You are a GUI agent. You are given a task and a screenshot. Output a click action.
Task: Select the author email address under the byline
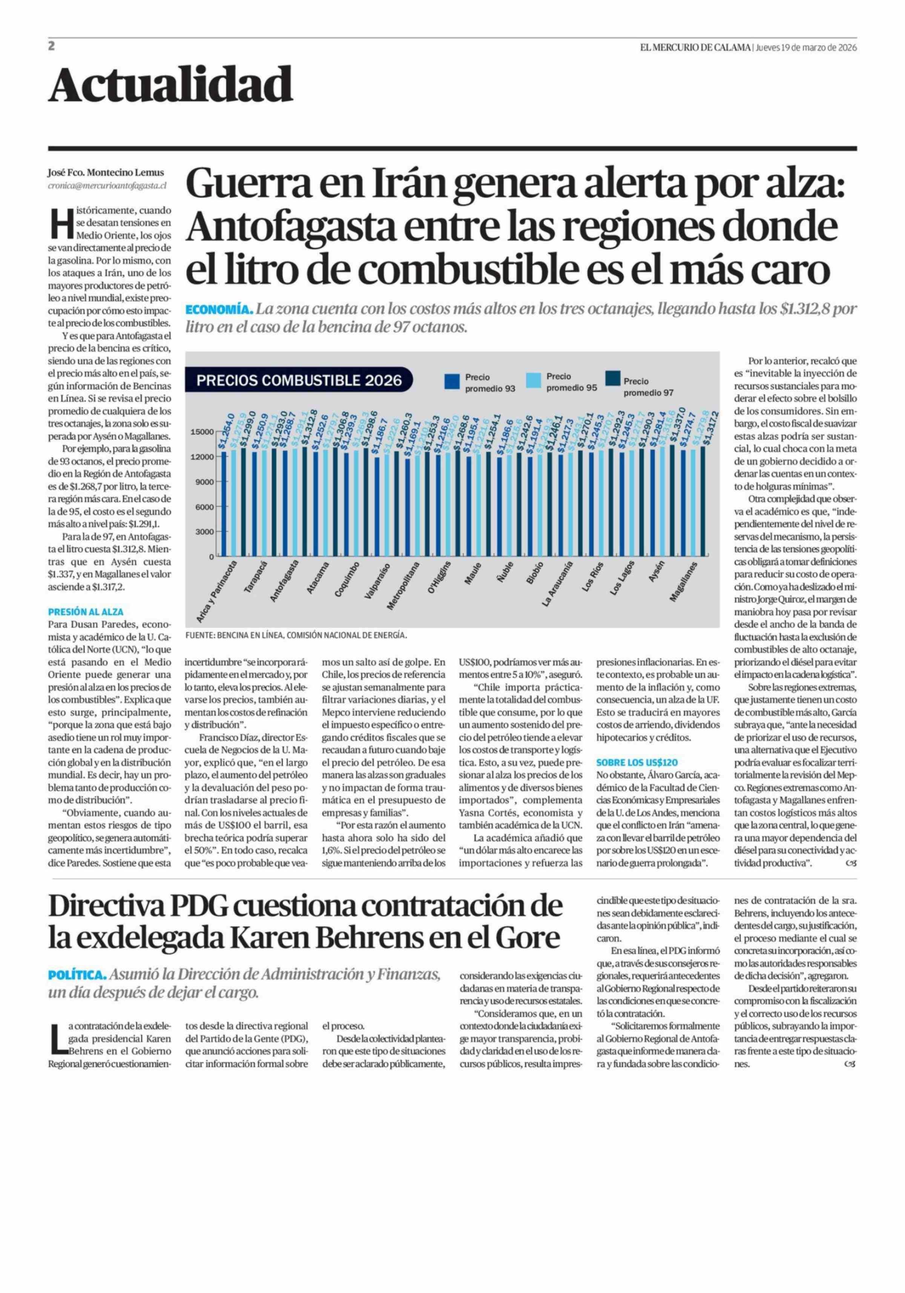click(107, 185)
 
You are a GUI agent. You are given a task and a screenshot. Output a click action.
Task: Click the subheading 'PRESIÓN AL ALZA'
click(86, 611)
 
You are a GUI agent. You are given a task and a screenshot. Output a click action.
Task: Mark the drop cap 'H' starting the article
click(59, 223)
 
